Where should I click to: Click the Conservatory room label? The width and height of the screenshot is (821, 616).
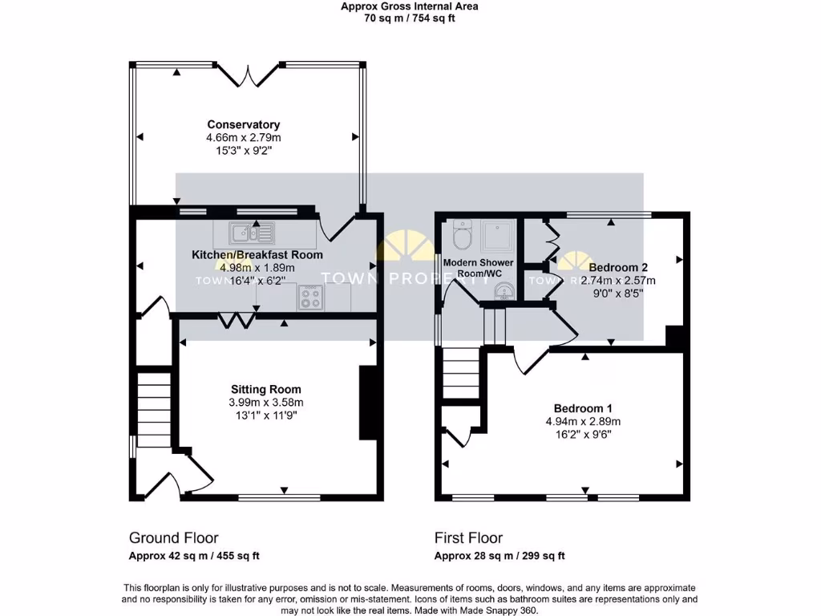coord(243,124)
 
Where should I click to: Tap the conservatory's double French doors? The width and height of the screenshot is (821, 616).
coord(249,74)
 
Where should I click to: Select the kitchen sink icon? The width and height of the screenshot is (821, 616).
coord(252,233)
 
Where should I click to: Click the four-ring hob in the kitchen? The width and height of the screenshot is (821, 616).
coord(311,298)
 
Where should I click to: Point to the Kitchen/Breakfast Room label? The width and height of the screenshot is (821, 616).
coord(257,255)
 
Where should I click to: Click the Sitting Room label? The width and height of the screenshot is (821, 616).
coord(267,389)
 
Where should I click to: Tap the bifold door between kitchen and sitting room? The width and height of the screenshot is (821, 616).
coord(236,320)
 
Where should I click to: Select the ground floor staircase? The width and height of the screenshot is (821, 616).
coord(154,408)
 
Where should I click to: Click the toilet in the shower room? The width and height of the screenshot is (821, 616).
coord(462,235)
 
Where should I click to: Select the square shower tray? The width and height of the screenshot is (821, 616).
coord(497,237)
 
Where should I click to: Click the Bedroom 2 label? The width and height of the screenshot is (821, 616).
coord(617,267)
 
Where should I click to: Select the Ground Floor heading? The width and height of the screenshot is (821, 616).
coord(173,538)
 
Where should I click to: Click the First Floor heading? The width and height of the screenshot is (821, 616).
coord(468,538)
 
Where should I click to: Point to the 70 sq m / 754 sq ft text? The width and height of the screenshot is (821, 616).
coord(410,18)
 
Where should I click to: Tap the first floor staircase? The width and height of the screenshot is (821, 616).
coord(461,373)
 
